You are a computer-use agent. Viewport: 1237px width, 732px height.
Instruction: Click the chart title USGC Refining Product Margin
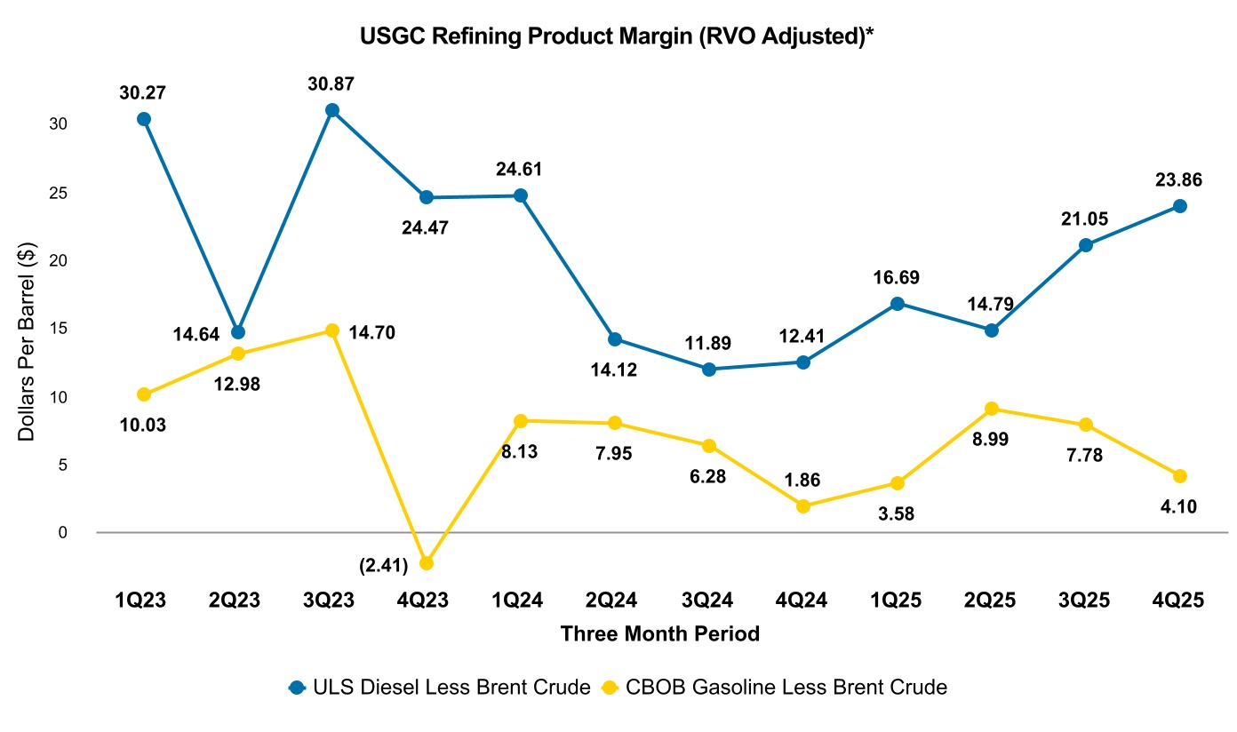point(618,36)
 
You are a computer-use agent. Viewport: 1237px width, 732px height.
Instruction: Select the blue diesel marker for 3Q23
point(332,110)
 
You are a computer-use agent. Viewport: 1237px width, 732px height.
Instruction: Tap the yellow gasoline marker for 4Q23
point(427,563)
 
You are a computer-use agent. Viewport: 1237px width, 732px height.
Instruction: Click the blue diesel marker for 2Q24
point(615,338)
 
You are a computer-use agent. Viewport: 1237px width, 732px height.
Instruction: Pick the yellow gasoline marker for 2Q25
point(992,409)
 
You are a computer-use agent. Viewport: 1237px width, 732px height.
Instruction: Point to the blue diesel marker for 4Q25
point(1180,206)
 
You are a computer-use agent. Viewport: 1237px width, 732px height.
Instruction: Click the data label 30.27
point(144,91)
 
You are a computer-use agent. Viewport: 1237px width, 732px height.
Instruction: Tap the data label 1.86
point(803,480)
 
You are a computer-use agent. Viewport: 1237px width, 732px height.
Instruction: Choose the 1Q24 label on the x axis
point(521,601)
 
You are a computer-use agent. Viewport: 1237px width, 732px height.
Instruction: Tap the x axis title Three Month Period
point(660,634)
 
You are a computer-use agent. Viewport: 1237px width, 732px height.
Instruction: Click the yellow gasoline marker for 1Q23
point(144,394)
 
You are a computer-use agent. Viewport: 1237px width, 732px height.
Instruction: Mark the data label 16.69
point(898,278)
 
